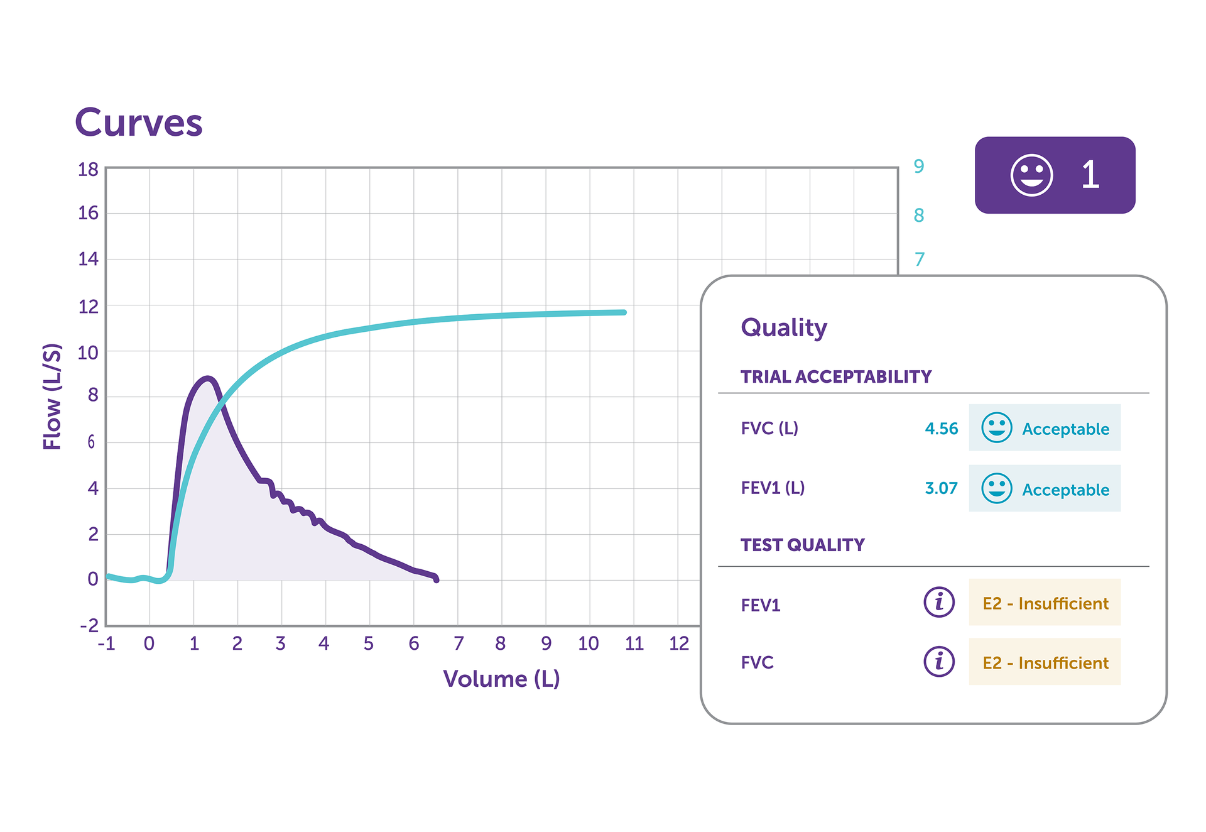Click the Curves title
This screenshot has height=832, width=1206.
pos(139,123)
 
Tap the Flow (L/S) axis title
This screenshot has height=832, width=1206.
pos(53,397)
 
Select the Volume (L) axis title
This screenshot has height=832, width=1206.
pos(501,679)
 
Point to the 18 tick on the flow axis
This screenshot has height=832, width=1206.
pos(89,170)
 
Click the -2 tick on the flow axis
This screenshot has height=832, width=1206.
pos(89,625)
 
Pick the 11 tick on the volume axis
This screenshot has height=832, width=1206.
pos(634,643)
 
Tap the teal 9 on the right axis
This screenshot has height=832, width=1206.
pos(919,167)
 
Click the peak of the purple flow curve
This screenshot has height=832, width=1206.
pos(208,378)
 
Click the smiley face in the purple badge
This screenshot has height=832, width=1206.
pos(1031,175)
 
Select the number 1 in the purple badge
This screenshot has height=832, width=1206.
pos(1090,175)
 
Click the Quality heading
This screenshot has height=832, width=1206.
pos(784,327)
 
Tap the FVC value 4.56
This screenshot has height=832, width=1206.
pos(942,429)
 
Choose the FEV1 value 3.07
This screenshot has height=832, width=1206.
pos(941,488)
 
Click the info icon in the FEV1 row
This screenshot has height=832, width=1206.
pos(939,602)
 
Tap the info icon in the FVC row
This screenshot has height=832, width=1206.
pos(939,662)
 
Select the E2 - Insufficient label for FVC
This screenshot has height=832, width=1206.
pos(1045,663)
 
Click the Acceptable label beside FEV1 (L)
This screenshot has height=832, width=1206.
pos(1065,490)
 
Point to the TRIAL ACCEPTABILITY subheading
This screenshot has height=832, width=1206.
pos(836,377)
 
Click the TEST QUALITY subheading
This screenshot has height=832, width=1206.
pos(803,545)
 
